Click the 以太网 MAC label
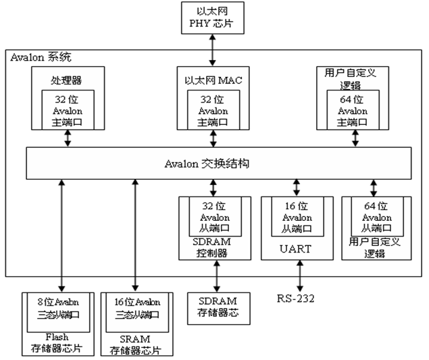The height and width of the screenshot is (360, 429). point(213,80)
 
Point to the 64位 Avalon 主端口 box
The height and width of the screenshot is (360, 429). point(353,110)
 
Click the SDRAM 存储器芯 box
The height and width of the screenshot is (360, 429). point(217,306)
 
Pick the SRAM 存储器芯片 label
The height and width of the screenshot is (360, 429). point(137,345)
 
